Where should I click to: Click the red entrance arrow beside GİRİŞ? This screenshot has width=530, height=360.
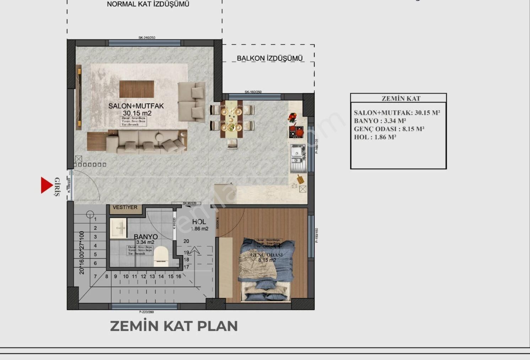46,185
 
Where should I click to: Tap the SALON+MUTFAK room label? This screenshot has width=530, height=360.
136,106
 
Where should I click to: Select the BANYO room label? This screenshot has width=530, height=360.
146,236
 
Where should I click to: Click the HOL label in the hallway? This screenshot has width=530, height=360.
199,222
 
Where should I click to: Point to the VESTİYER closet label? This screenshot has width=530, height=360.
125,207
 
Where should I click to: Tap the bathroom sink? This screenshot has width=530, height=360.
118,227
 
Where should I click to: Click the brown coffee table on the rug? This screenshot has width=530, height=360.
137,89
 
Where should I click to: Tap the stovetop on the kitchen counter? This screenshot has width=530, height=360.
296,131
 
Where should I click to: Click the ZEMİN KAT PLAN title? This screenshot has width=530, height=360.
174,326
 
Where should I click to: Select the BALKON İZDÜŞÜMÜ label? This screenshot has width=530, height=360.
270,58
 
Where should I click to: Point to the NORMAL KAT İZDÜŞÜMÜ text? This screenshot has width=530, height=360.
148,4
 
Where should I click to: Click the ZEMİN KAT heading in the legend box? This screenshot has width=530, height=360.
401,99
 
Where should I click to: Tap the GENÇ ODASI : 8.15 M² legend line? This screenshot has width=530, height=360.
389,129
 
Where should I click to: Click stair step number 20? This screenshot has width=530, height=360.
186,241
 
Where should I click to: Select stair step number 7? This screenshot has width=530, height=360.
95,276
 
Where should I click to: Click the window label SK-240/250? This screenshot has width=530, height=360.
147,38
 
